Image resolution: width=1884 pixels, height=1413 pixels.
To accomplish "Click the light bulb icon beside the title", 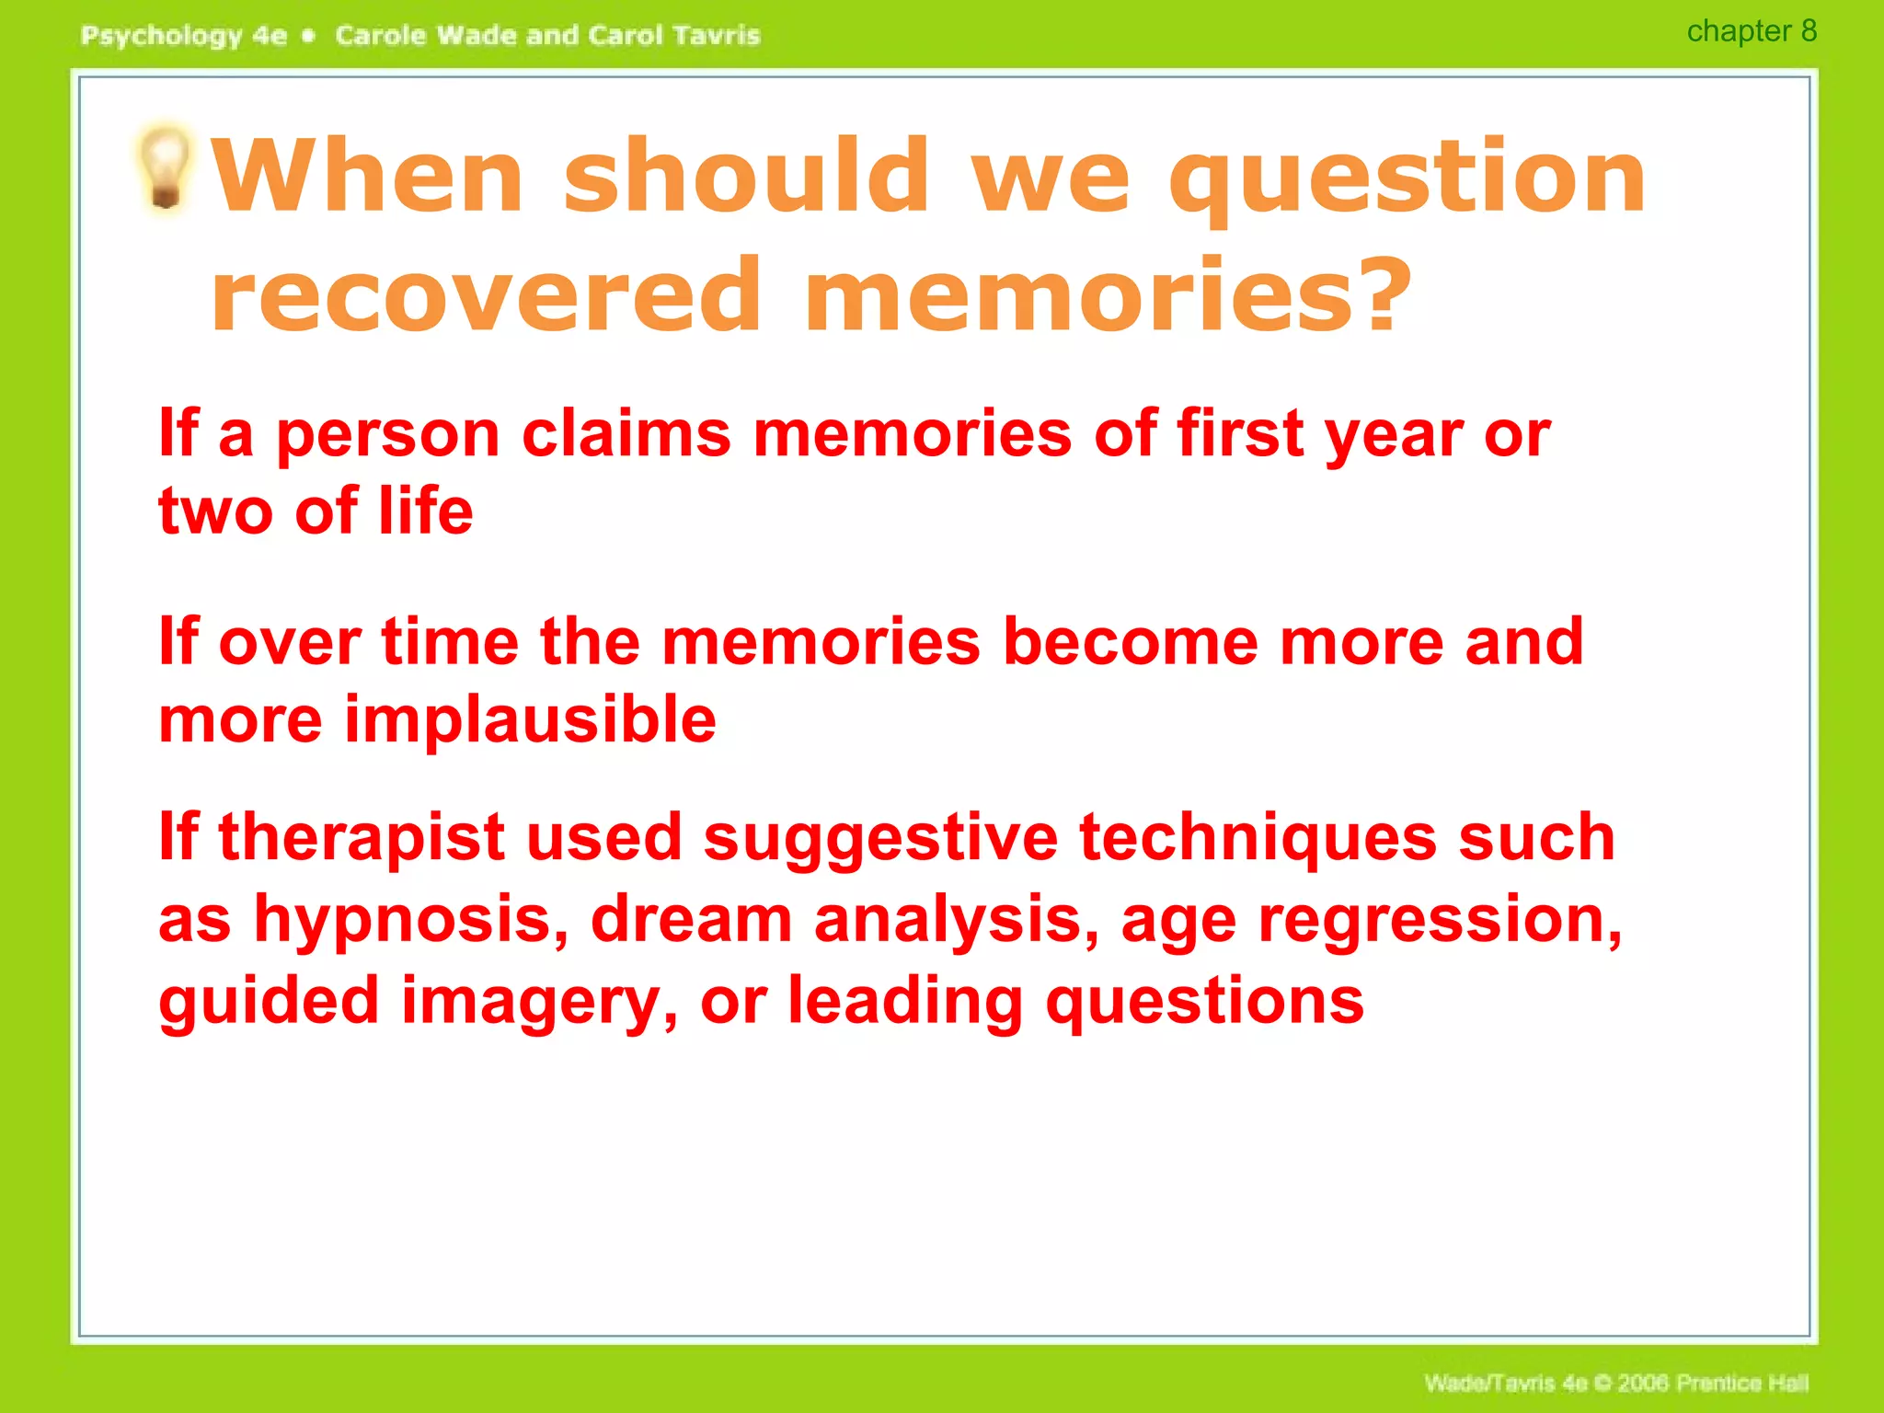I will coord(166,167).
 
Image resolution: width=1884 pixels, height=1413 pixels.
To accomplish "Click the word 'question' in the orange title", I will coord(1407,177).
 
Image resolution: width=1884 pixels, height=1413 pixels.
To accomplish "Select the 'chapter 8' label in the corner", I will coord(1751,31).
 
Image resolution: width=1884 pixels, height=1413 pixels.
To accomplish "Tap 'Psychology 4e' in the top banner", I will coord(184,36).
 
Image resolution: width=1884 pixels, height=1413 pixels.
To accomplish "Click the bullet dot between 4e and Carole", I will coord(309,36).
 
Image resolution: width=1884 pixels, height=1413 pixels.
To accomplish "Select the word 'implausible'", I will coord(530,720).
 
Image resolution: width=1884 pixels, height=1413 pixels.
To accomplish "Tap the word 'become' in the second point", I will coord(1130,641).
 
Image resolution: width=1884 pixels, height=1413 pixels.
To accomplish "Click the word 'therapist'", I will coord(362,839).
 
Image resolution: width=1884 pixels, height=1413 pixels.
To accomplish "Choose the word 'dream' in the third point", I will coord(691,920).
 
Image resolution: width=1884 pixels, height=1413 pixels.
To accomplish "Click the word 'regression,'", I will coord(1440,920).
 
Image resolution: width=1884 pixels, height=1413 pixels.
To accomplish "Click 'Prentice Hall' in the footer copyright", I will coord(1742,1383).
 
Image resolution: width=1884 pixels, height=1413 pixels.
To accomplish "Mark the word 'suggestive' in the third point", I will coord(880,839).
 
